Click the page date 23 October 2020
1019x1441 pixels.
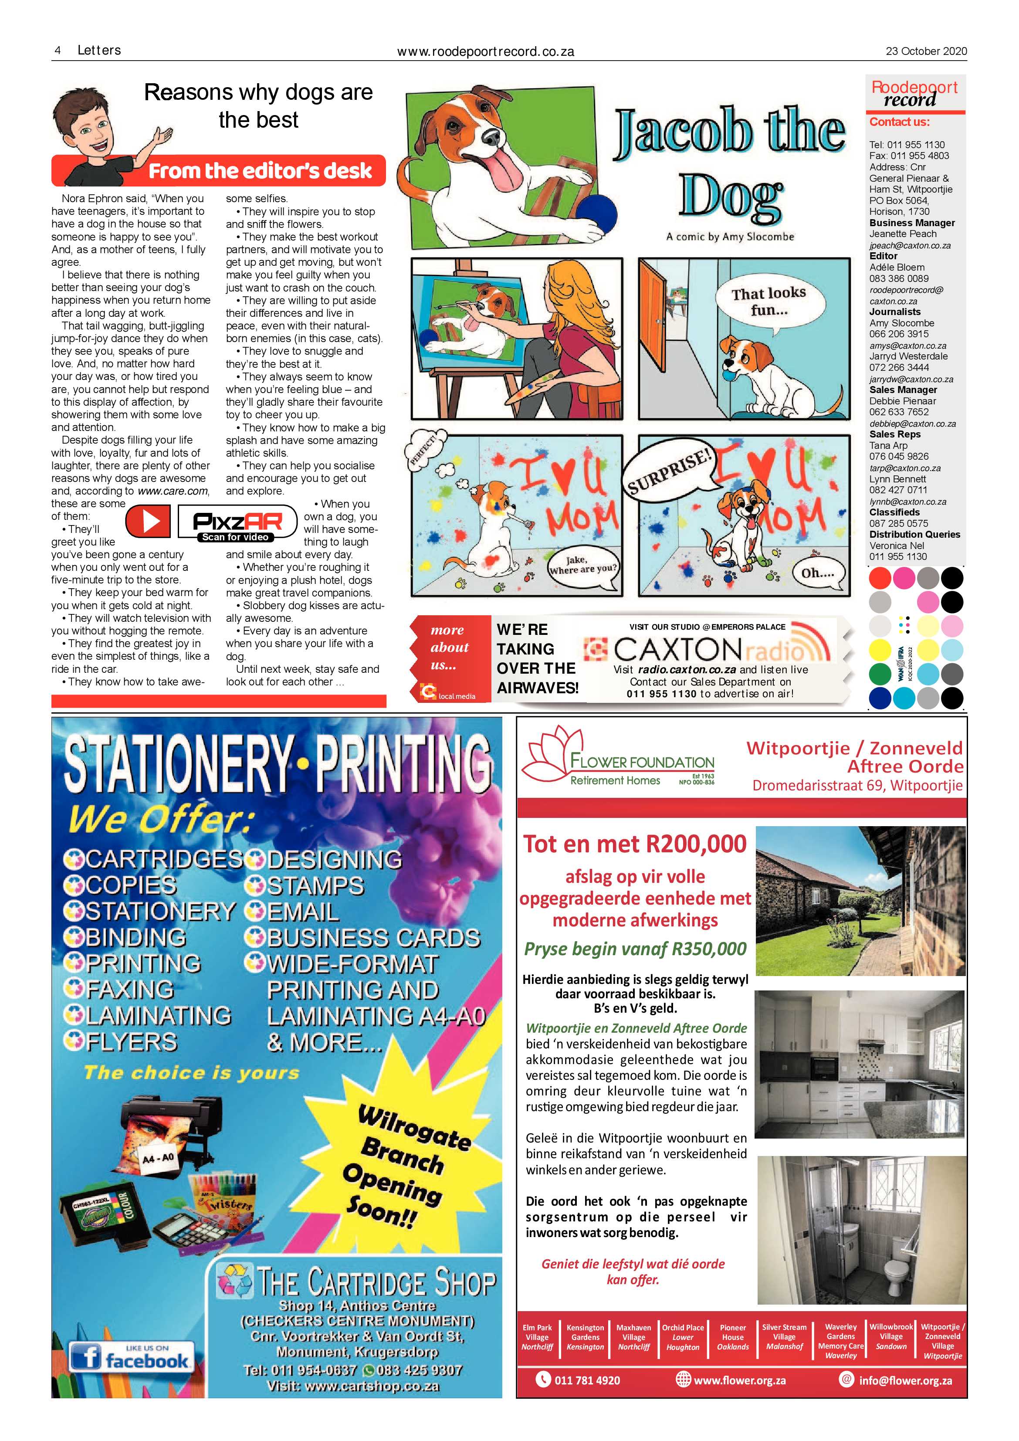(x=926, y=51)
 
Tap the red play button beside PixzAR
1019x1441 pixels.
(x=148, y=521)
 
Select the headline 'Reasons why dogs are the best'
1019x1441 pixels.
(x=258, y=105)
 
